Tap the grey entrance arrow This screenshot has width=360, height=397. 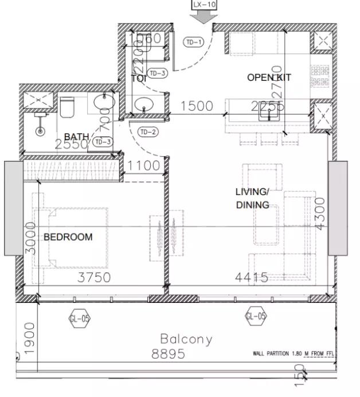click(204, 18)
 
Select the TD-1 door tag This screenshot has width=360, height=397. click(193, 42)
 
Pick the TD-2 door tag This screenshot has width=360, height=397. click(148, 133)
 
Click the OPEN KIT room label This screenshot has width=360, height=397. click(269, 77)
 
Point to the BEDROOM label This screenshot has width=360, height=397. click(68, 236)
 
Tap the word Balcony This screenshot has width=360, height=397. click(186, 339)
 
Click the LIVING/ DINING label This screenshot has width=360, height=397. click(252, 198)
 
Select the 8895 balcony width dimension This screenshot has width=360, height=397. click(169, 354)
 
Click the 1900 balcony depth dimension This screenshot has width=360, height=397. click(30, 338)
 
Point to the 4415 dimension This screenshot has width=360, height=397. click(252, 278)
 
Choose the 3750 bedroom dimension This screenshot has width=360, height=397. click(93, 278)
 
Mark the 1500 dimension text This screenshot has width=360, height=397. click(197, 106)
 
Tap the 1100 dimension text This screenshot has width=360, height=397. click(144, 166)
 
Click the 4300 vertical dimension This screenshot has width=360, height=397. click(320, 213)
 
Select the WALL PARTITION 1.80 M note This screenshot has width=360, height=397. click(292, 353)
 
